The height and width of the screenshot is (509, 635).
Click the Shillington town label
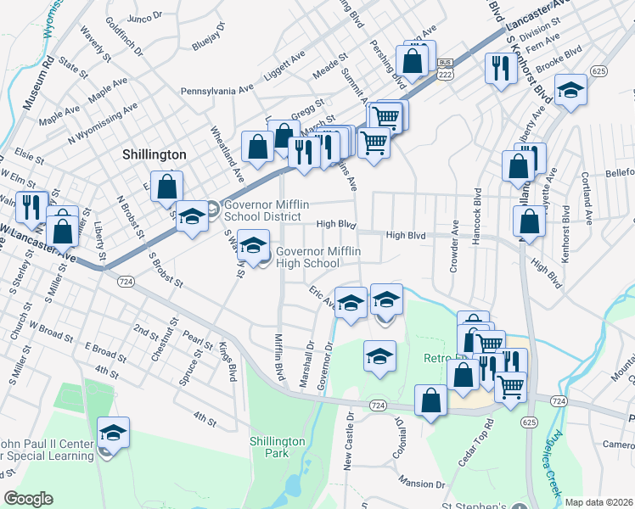point(154,154)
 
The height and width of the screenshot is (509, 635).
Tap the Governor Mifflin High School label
point(307,258)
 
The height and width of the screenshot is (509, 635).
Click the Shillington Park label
point(278,448)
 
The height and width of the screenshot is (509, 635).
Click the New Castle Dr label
point(348,444)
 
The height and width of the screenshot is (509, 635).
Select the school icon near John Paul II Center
point(113,433)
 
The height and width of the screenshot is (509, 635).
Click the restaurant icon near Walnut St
point(31,207)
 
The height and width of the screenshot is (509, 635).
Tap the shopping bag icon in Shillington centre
point(167,187)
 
